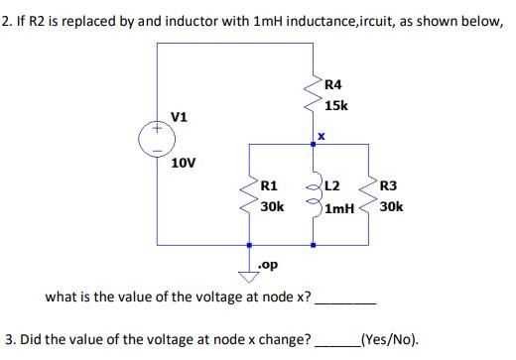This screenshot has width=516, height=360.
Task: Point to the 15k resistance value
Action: pyautogui.click(x=336, y=104)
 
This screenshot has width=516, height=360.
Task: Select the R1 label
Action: pyautogui.click(x=269, y=184)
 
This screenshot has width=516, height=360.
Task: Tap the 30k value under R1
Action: pyautogui.click(x=272, y=206)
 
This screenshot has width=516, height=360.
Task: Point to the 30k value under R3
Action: pyautogui.click(x=391, y=207)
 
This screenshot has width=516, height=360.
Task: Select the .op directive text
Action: pyautogui.click(x=267, y=266)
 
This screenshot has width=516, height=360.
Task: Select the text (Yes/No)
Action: pyautogui.click(x=389, y=337)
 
